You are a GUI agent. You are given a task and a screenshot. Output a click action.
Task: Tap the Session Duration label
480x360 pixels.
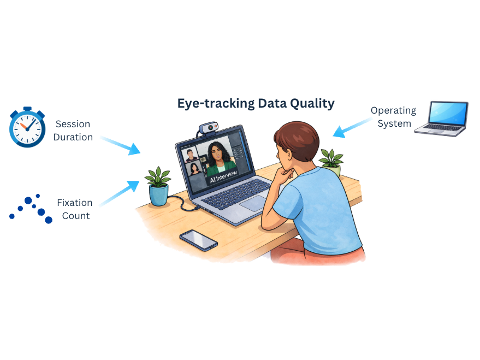tap(73, 131)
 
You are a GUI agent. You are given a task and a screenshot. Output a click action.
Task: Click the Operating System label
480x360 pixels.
tap(393, 117)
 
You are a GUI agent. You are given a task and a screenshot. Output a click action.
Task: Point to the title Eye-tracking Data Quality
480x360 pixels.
tap(256, 103)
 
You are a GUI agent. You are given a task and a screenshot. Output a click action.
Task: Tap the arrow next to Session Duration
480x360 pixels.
tap(121, 145)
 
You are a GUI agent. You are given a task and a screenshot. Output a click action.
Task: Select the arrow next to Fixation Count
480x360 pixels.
tap(120, 193)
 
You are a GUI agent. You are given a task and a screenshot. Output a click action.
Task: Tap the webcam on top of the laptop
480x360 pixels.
tap(209, 128)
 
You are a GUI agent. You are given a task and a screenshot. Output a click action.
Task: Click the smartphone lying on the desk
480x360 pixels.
tap(198, 239)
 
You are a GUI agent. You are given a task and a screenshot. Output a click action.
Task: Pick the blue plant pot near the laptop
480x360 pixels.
tap(158, 194)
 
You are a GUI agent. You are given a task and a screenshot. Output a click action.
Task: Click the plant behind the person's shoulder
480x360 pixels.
tap(330, 160)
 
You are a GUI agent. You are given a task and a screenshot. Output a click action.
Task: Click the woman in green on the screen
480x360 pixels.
tap(221, 155)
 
